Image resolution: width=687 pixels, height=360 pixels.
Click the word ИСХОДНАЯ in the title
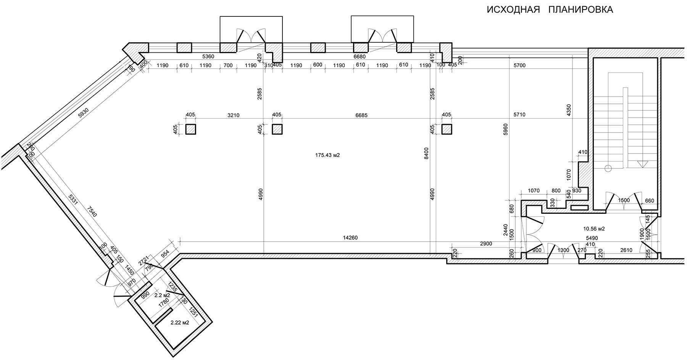[513, 10]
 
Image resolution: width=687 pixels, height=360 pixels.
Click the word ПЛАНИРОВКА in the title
[581, 10]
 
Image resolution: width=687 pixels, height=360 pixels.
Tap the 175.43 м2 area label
[327, 155]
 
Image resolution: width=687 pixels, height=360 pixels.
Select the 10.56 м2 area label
[594, 229]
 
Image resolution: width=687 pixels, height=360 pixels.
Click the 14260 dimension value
[350, 238]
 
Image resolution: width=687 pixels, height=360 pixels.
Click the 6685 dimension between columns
[361, 115]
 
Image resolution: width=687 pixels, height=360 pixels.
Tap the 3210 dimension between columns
[233, 115]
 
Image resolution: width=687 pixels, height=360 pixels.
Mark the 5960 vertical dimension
[506, 130]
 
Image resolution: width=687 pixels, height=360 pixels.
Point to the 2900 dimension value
[486, 244]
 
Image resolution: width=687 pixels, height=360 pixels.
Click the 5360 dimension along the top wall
[208, 57]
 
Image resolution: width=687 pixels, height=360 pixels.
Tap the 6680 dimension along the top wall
[360, 57]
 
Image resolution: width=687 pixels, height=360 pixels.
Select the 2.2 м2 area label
[162, 295]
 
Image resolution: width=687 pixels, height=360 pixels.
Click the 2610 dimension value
[626, 250]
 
